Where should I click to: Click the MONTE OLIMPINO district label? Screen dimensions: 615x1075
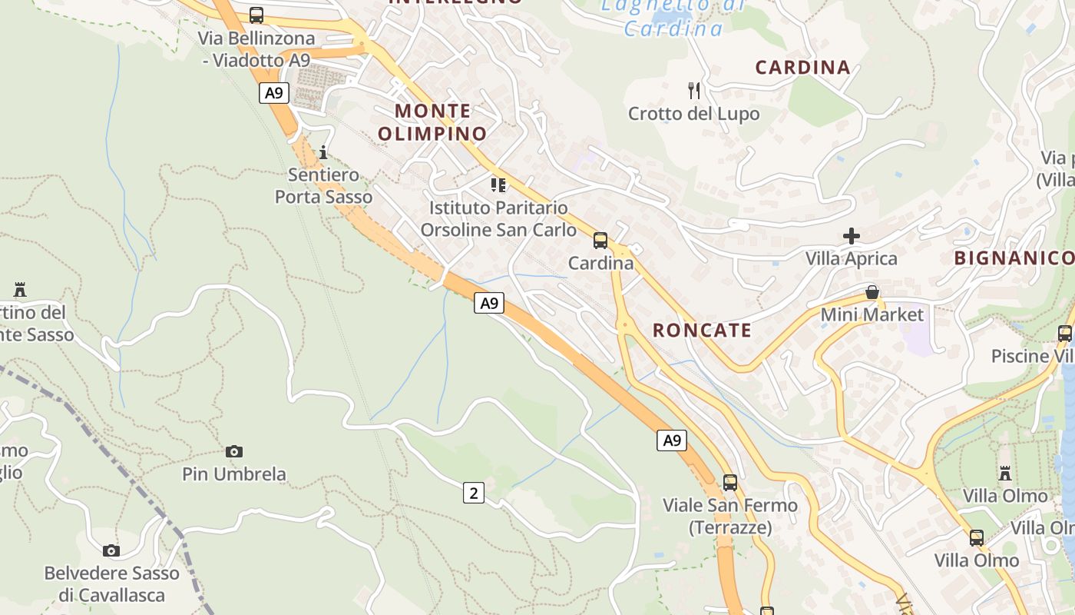coord(433,122)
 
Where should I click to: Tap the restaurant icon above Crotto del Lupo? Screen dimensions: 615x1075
coord(694,91)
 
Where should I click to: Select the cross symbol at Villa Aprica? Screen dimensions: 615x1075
coord(852,236)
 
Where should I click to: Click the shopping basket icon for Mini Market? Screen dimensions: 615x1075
coord(872,292)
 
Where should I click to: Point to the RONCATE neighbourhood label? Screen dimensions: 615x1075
coord(702,331)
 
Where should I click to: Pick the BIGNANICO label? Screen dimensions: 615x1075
coord(1014,258)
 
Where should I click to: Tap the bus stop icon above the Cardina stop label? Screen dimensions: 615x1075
coord(600,241)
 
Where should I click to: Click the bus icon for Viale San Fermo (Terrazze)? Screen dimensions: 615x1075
coord(729,483)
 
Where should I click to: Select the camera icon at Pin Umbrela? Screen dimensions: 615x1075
coord(234,451)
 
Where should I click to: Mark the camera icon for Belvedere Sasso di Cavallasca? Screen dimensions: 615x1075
coord(111,550)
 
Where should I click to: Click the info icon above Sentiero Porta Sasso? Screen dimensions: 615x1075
coord(323,152)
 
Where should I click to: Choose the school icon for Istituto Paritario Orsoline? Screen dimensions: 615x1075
coord(498,184)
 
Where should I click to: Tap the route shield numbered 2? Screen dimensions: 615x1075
coord(474,493)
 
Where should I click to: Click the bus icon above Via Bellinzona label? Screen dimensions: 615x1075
coord(256,15)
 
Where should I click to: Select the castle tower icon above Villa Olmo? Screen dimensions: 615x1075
coord(1005,473)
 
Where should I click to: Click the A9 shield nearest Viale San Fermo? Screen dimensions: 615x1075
coord(672,440)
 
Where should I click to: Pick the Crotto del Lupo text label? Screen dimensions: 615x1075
coord(693,114)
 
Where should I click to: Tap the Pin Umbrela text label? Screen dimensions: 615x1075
coord(234,474)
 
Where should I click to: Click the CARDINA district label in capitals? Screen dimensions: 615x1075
coord(802,68)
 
